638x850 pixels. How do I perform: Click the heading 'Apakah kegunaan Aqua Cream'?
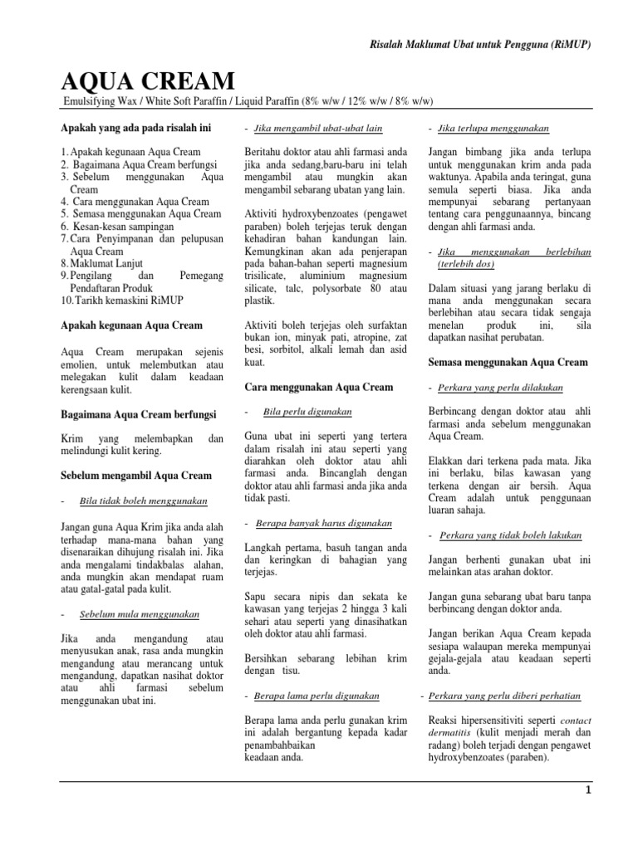131,325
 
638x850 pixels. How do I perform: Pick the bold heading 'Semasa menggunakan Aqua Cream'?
508,362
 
